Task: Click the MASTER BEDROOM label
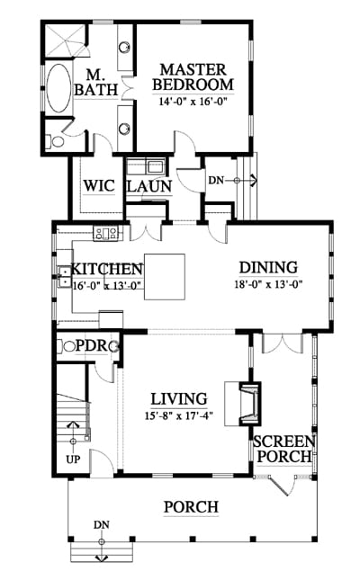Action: (x=193, y=77)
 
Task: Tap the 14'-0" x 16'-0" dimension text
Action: (x=193, y=101)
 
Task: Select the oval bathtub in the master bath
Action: (x=58, y=88)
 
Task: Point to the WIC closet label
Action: (x=99, y=185)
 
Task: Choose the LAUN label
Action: (x=149, y=186)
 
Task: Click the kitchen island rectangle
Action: (x=165, y=277)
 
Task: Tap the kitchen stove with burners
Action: (x=106, y=233)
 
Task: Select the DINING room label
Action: (x=268, y=267)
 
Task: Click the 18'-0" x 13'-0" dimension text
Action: (x=268, y=284)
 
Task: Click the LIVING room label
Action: (x=179, y=398)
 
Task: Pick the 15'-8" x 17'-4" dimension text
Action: (x=179, y=415)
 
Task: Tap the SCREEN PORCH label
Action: (x=284, y=449)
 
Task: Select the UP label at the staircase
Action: (x=73, y=460)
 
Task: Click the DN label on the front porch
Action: (x=101, y=524)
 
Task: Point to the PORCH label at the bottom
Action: (x=191, y=507)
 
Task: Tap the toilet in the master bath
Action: (x=55, y=141)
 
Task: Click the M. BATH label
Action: (x=96, y=83)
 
